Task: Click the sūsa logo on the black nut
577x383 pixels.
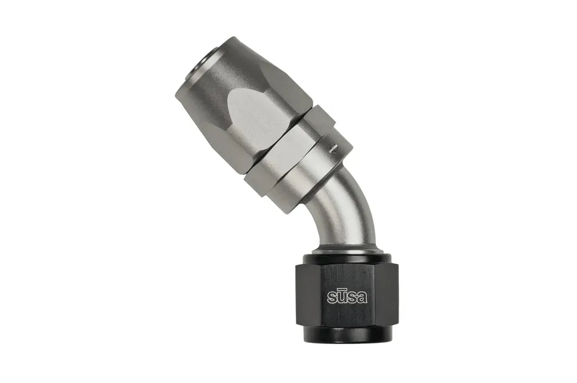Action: click(347, 297)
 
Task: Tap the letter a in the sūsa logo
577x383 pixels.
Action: click(362, 298)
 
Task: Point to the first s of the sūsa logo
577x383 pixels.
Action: click(331, 299)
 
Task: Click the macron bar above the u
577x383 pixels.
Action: click(341, 291)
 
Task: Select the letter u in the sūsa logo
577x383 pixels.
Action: click(341, 299)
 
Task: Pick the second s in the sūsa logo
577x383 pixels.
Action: click(352, 299)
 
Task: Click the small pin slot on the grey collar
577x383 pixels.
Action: click(334, 148)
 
